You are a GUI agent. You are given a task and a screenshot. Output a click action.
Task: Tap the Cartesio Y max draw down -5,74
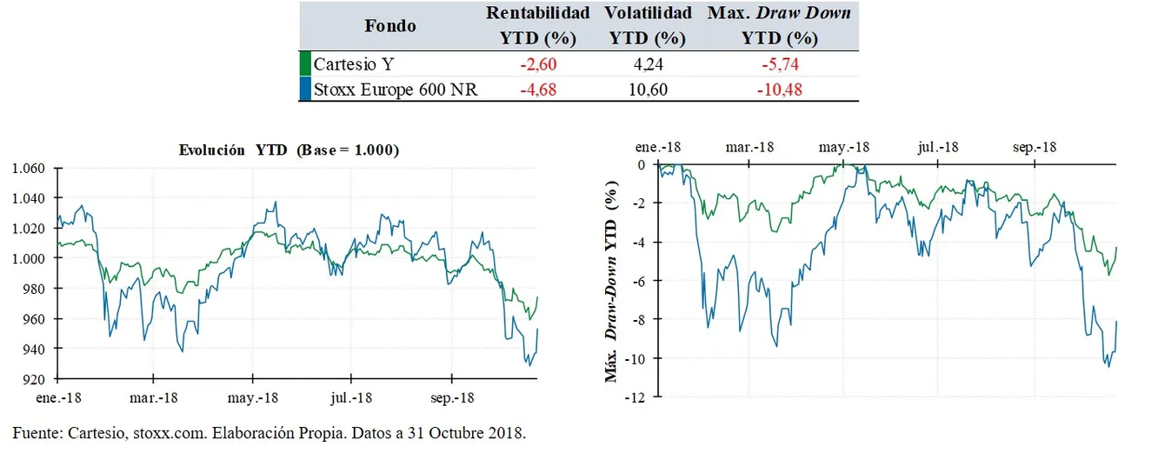pos(779,63)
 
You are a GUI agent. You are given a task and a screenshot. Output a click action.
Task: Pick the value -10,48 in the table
pos(779,89)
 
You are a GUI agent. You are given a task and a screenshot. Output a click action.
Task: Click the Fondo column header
pos(389,25)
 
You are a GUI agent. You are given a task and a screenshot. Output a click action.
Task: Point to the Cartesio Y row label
pos(351,63)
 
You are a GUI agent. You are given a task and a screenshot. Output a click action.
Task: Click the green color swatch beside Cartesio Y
pos(304,63)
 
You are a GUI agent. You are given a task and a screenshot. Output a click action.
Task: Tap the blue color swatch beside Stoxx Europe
pos(304,89)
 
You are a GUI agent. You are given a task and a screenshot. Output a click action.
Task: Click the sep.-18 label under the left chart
pos(451,397)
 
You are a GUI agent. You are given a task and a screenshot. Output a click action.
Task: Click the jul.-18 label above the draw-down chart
pos(938,147)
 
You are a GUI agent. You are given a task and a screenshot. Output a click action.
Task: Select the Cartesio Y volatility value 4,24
pos(649,63)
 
